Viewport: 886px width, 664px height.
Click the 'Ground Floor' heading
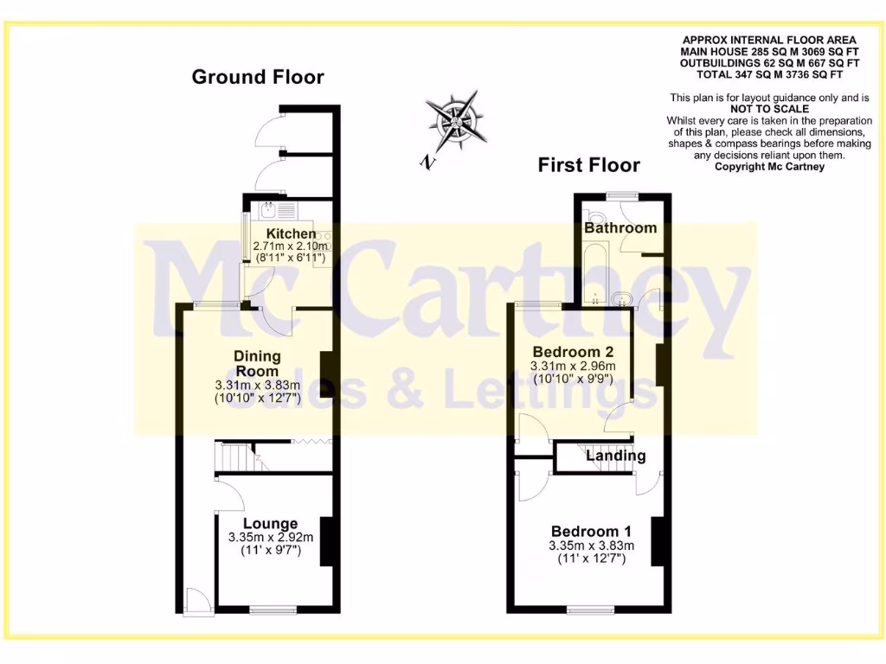[258, 77]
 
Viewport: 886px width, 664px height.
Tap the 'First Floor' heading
[589, 164]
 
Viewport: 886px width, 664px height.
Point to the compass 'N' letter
[426, 162]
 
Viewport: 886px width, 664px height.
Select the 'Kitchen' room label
[292, 233]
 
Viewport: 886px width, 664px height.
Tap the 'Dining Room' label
[258, 364]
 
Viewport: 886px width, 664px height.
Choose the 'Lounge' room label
[270, 523]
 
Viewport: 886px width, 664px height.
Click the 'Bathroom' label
[620, 228]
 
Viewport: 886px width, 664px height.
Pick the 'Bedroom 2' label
[573, 352]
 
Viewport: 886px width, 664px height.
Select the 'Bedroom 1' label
[592, 531]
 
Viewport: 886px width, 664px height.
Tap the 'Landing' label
[616, 456]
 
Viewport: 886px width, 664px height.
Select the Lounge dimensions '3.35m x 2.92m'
[270, 537]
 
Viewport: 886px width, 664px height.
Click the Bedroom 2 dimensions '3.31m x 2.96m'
[573, 366]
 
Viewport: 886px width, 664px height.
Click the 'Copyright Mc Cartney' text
[769, 166]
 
